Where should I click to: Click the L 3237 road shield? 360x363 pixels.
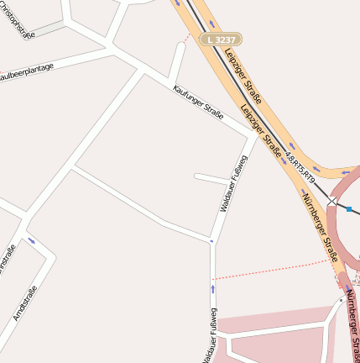point(221,39)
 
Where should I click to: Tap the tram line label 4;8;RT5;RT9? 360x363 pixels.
point(299,166)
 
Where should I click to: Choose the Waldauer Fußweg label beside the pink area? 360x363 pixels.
point(207,335)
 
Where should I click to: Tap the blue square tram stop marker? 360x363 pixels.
point(349,208)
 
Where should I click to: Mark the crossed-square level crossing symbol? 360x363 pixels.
point(332,202)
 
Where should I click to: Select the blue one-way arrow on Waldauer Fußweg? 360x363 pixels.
point(213,289)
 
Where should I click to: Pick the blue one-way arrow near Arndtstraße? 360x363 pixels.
point(31,241)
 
